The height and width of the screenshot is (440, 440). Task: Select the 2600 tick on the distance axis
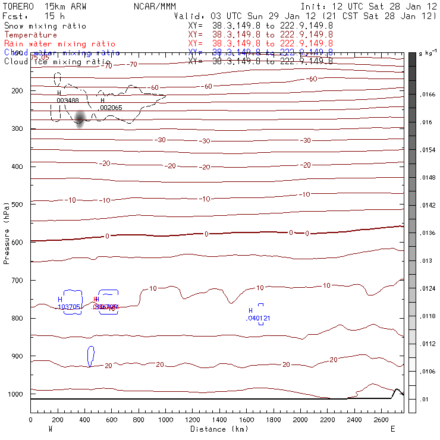tap(381, 420)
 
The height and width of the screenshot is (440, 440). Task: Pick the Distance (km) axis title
tap(216, 429)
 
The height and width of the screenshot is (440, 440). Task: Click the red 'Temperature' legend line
tap(30, 35)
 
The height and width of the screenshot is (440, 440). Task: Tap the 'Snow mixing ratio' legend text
tap(45, 26)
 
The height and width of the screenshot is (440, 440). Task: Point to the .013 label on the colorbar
tap(426, 261)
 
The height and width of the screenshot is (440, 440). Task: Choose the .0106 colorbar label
tap(428, 372)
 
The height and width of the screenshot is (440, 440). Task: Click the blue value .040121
tap(258, 318)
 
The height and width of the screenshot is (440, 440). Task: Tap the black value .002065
tap(111, 108)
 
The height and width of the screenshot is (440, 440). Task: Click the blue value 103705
tap(70, 307)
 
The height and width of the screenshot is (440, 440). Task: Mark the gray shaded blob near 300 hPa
tap(80, 120)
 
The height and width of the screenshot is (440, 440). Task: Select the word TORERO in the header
tap(18, 5)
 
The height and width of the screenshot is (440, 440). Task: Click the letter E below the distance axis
tap(392, 429)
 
